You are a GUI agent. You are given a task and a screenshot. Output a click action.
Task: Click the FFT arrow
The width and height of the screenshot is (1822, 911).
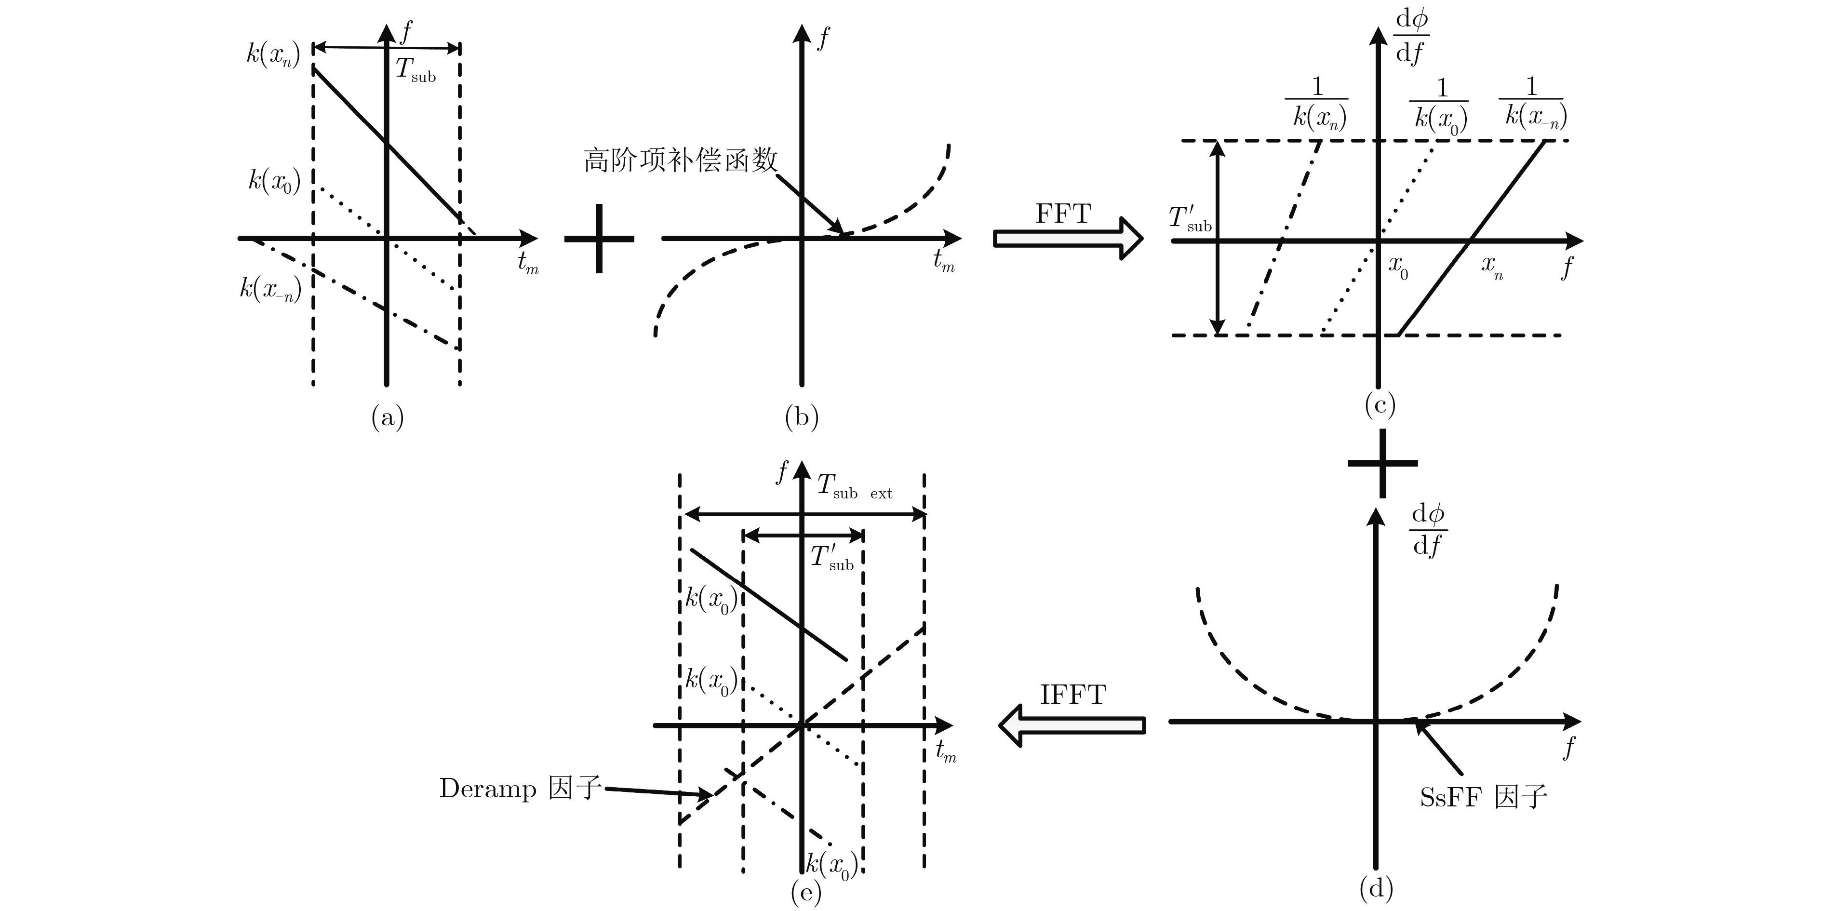(1067, 239)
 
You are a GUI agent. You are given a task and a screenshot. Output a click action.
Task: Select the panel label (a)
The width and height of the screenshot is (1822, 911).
(388, 417)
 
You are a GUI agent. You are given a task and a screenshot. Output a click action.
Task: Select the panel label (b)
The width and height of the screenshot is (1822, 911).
(802, 417)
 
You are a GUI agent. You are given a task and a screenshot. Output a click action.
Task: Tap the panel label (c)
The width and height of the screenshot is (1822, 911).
(1379, 404)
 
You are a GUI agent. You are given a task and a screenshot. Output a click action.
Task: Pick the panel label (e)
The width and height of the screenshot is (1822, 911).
(805, 893)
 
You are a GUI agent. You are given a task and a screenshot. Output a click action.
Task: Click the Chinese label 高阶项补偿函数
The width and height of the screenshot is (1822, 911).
(681, 161)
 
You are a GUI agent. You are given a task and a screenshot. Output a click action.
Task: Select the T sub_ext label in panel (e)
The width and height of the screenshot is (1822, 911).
(855, 487)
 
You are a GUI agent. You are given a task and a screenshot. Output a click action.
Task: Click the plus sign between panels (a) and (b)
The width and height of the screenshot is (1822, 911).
(599, 239)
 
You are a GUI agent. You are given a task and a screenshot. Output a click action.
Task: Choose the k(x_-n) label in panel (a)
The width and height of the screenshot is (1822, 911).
(270, 289)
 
